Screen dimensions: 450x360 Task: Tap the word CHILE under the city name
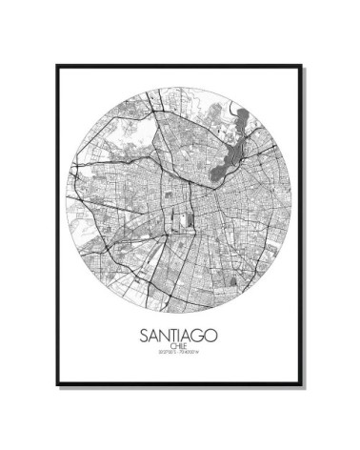click(x=178, y=348)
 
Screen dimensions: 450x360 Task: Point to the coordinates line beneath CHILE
click(x=178, y=356)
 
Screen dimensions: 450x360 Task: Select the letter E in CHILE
click(x=187, y=348)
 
